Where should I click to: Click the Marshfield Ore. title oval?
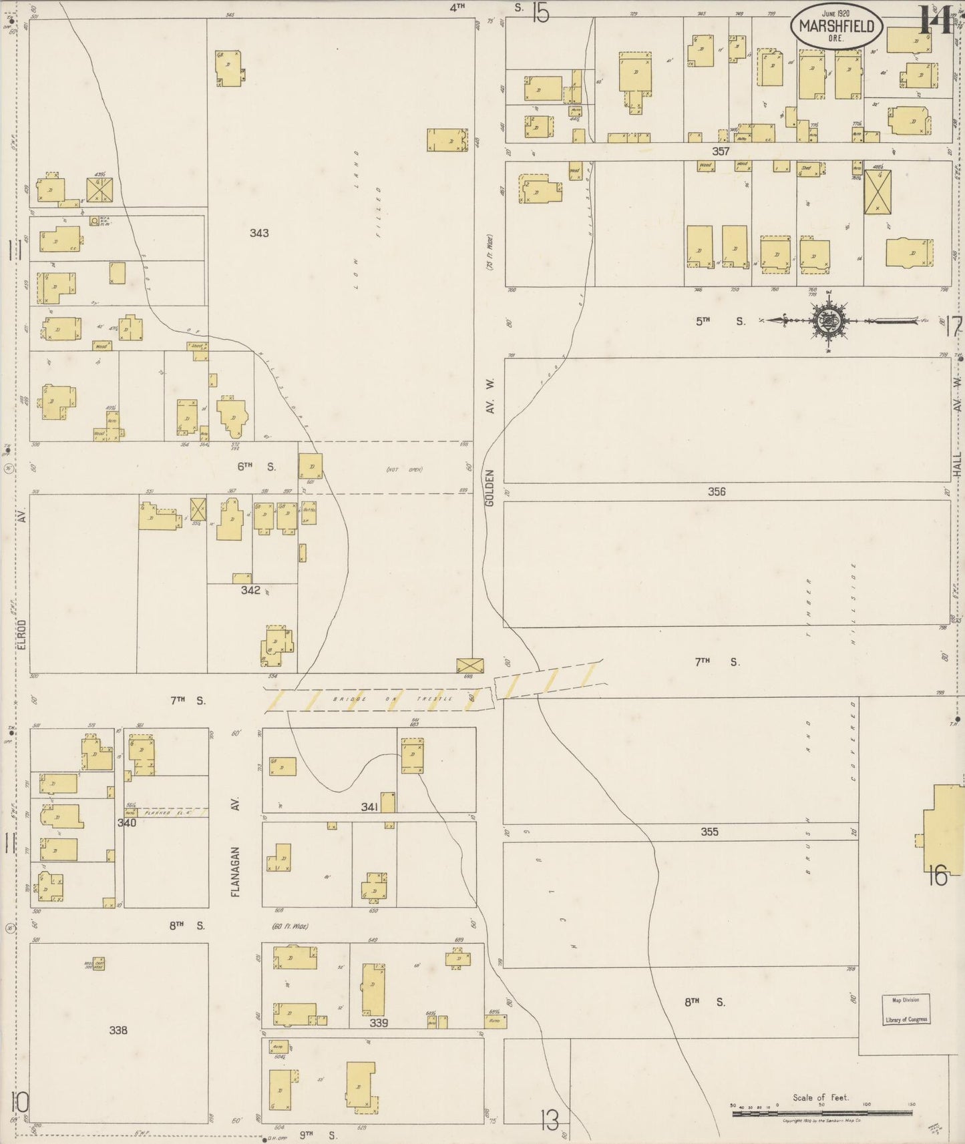[837, 29]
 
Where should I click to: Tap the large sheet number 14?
[934, 20]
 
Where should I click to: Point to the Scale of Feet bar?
[821, 1113]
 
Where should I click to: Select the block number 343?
[259, 233]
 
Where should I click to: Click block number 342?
[250, 590]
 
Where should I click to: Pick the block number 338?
[118, 1030]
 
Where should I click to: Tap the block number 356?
[717, 491]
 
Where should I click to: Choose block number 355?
[709, 832]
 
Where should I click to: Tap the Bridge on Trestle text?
[393, 699]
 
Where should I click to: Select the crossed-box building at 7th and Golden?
[469, 665]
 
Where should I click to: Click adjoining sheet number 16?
[937, 876]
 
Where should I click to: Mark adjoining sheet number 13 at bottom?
[549, 1120]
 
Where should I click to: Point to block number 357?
[720, 152]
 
